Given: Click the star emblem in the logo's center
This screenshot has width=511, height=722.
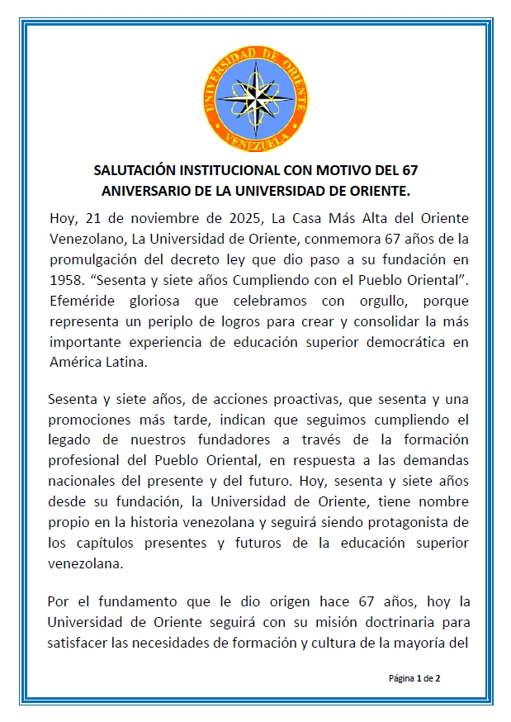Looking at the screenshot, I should [256, 93].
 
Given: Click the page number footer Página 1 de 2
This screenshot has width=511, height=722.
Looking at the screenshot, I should [414, 678].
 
